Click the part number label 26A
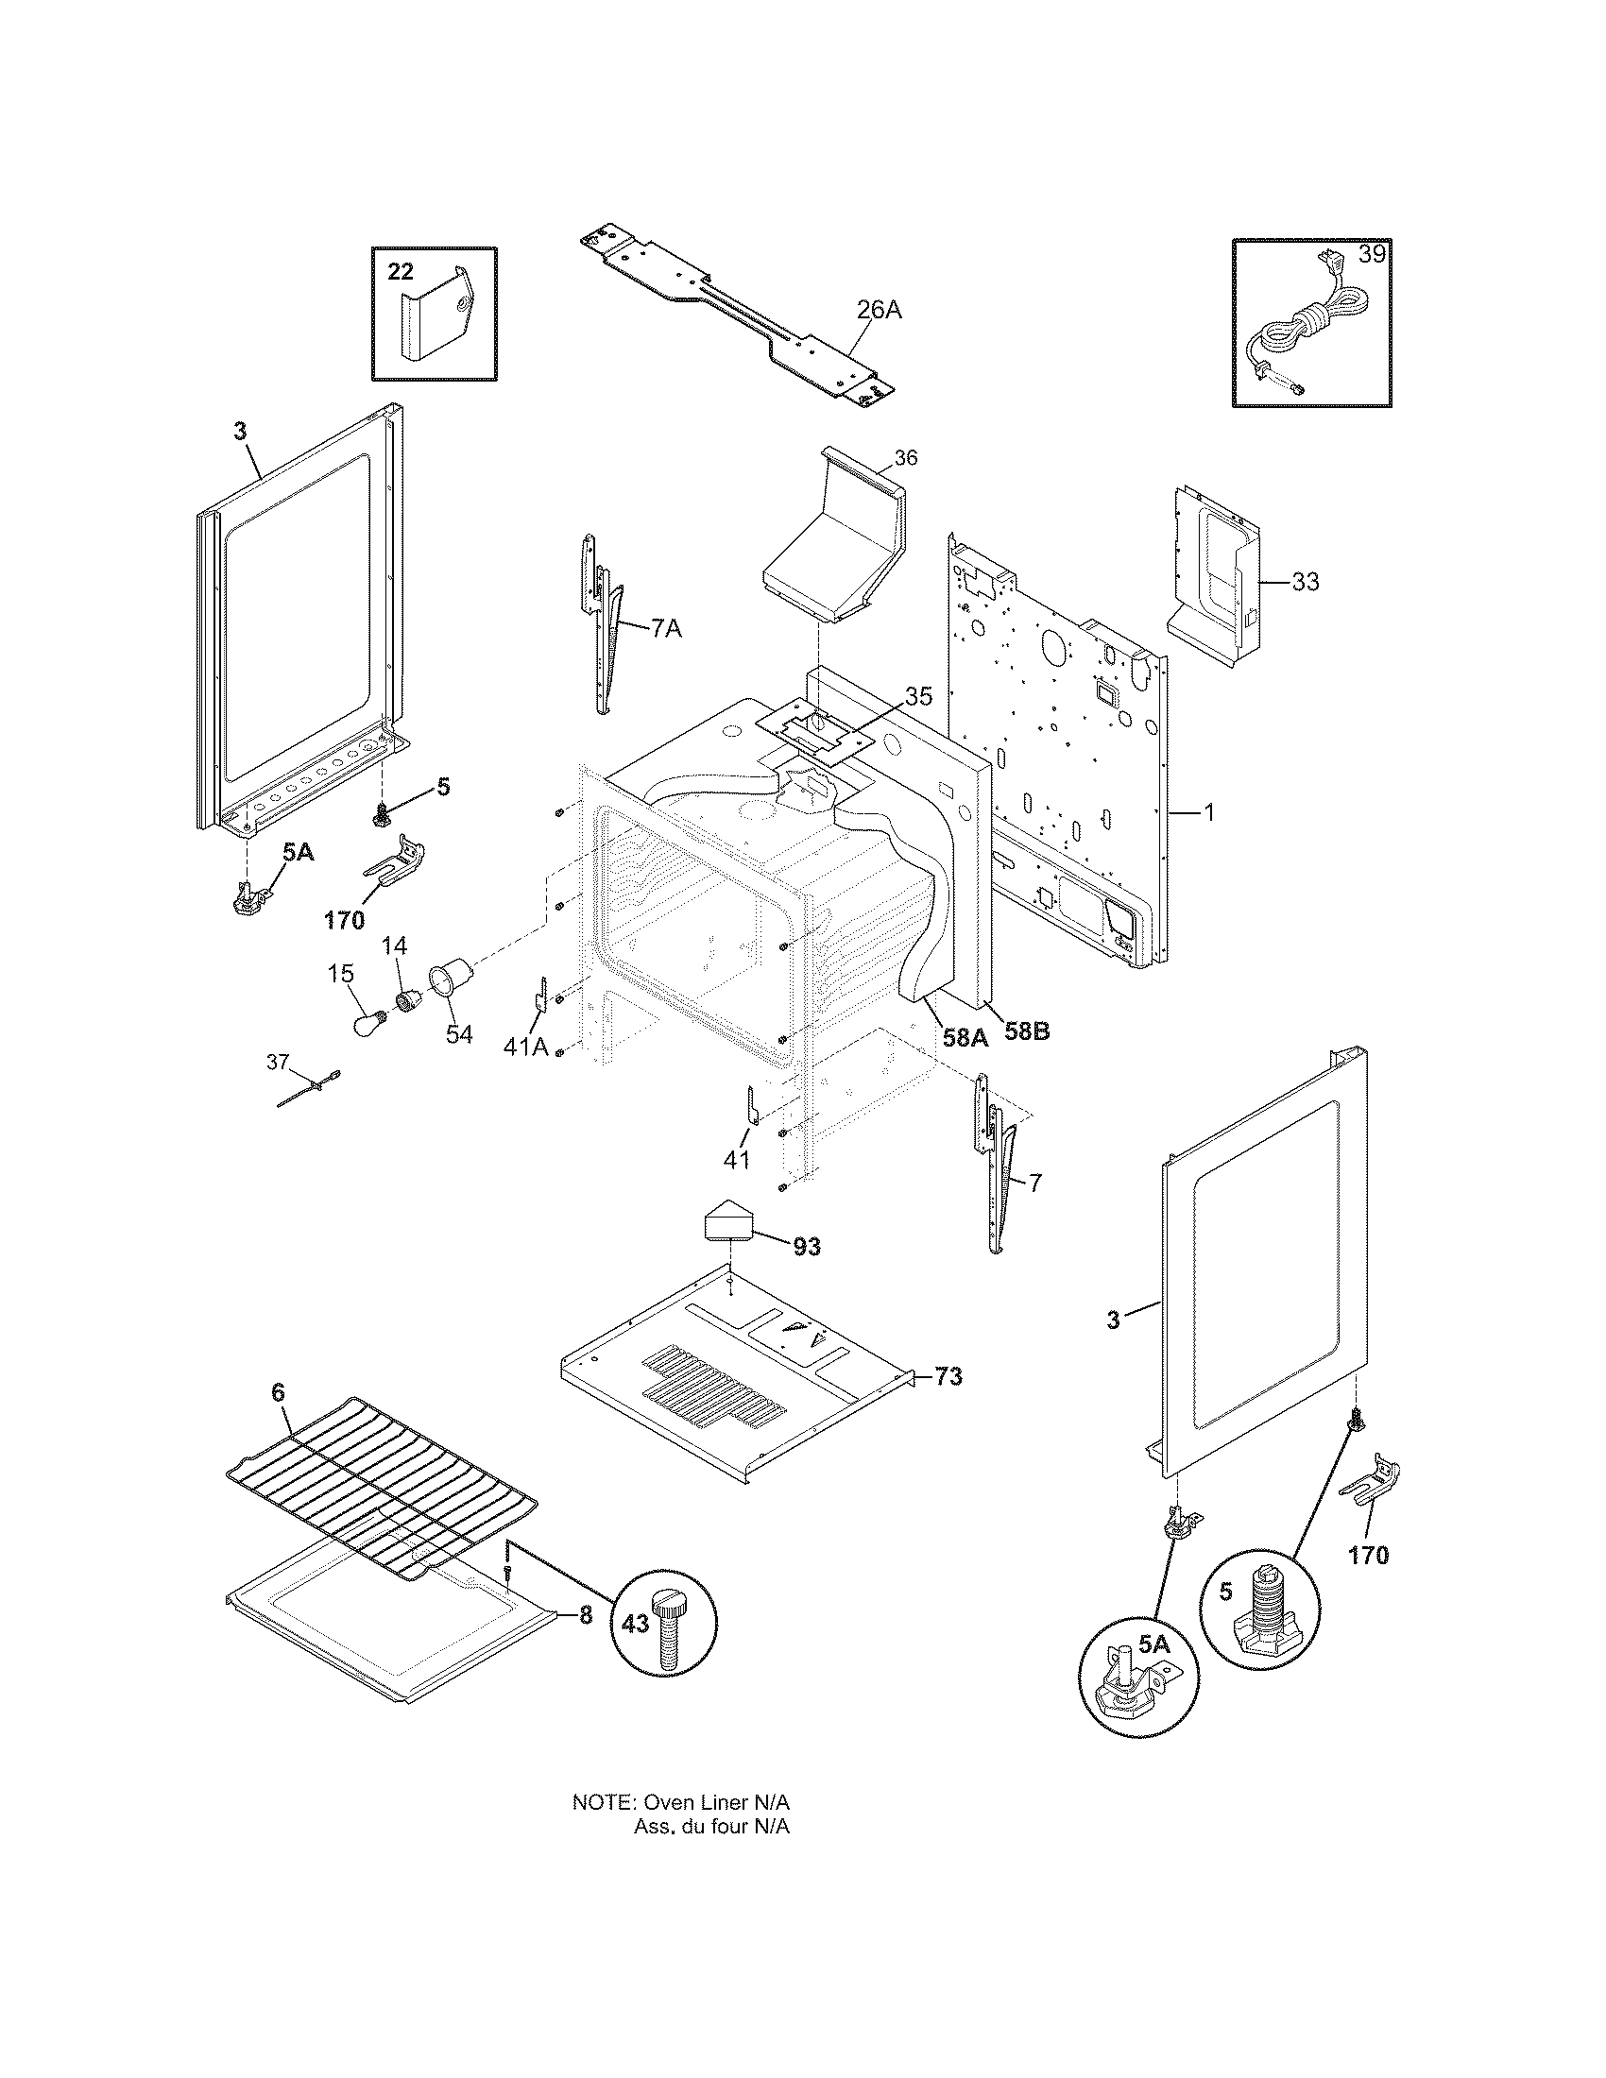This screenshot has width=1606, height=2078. (879, 309)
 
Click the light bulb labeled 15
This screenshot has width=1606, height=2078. (369, 1025)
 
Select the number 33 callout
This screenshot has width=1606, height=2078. (1306, 580)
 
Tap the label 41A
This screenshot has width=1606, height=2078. (525, 1047)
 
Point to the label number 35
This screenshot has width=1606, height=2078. (917, 695)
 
